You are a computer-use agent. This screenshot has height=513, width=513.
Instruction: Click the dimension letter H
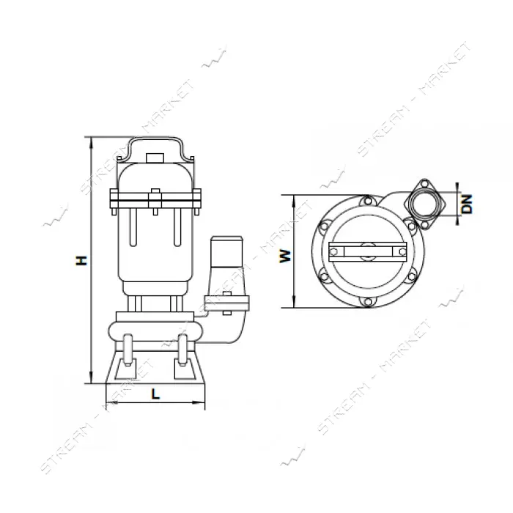tap(82, 260)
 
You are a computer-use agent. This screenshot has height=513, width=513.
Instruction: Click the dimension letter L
tap(155, 394)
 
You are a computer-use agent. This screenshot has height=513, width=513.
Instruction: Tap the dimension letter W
tap(285, 256)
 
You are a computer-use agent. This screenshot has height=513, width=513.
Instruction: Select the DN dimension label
tap(468, 204)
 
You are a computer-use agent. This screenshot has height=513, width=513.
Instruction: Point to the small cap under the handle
tap(155, 158)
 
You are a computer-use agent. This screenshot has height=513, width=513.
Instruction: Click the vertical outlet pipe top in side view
tap(227, 251)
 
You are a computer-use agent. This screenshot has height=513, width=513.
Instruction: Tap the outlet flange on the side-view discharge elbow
tap(226, 303)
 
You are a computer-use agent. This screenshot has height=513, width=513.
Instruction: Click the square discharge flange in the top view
tap(424, 204)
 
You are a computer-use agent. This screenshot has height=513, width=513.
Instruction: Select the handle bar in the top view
tap(368, 251)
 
